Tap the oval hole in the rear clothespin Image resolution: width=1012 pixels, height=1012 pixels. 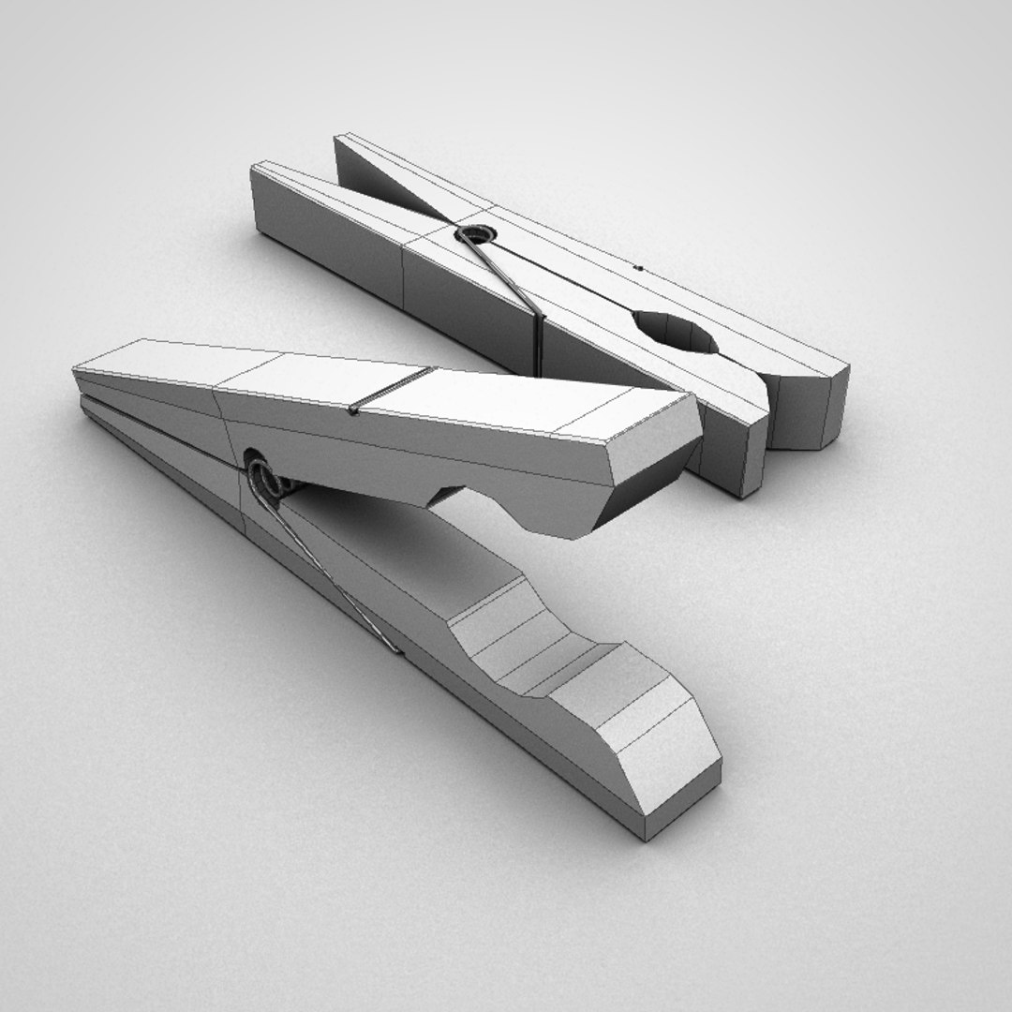coord(674,332)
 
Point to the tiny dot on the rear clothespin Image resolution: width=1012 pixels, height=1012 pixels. coord(638,268)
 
